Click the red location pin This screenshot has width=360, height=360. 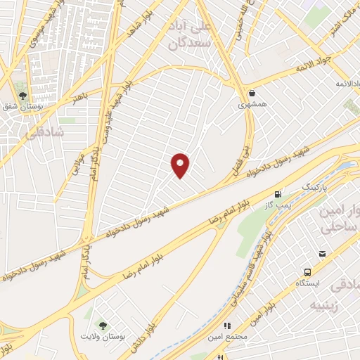point(181,165)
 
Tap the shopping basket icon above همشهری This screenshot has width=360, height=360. point(251,93)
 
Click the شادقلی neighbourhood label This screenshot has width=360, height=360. point(44,132)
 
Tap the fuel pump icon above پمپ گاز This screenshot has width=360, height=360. point(278,194)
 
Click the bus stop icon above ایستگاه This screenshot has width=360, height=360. point(308,272)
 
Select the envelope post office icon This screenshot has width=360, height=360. point(322,254)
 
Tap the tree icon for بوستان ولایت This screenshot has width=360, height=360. point(103,325)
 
